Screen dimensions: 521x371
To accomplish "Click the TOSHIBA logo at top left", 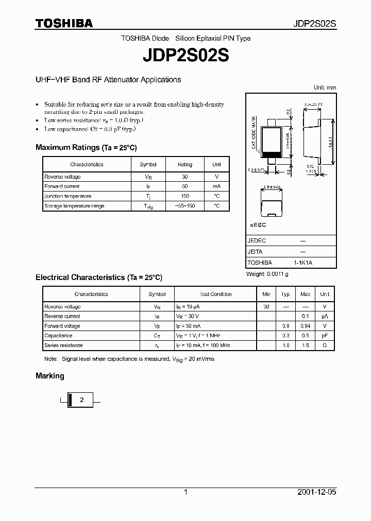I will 64,23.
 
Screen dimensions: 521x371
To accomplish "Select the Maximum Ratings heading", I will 86,147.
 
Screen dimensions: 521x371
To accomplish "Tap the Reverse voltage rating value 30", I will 185,177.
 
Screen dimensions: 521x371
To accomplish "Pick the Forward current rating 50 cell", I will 185,186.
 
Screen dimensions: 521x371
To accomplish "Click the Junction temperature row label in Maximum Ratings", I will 68,196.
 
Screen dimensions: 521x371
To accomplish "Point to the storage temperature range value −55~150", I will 185,206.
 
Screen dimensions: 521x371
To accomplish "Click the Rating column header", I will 185,165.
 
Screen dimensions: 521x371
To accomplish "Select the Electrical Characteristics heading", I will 99,277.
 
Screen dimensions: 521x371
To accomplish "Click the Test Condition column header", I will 215,294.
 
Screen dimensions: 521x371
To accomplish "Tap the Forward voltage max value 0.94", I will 305,326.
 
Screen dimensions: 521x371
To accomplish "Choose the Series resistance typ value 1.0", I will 285,345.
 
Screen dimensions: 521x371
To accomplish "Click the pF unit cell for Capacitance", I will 325,336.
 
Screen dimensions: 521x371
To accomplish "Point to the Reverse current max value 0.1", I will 305,316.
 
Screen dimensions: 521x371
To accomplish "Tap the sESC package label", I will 258,225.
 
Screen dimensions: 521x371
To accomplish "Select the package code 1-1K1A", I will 303,263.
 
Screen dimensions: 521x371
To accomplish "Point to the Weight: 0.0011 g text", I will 267,274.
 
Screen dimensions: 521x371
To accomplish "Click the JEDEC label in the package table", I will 257,240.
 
